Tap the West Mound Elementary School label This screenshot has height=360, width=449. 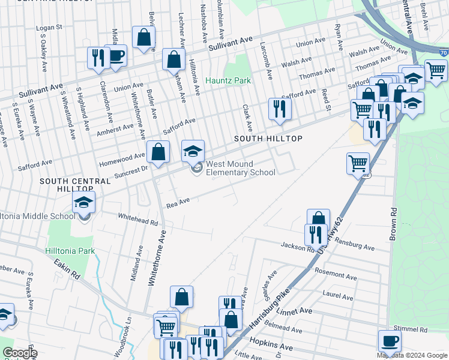[x=240, y=168]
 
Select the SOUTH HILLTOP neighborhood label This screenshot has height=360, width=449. [x=267, y=139]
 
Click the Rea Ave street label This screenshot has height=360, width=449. [x=178, y=204]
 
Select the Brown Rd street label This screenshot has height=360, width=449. [x=393, y=224]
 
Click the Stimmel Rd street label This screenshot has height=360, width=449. [x=411, y=329]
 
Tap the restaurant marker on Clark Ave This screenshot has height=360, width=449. [x=280, y=109]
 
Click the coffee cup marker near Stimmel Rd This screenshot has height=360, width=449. [x=390, y=341]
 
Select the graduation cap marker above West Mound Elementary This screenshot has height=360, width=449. [x=193, y=151]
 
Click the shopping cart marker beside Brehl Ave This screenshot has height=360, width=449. [x=435, y=70]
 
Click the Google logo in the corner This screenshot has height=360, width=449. [x=19, y=353]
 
